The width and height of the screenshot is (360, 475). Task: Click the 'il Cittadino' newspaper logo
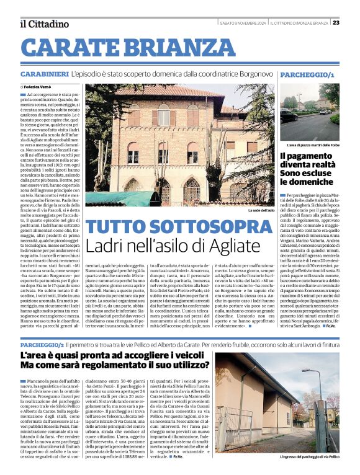click(x=43, y=24)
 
